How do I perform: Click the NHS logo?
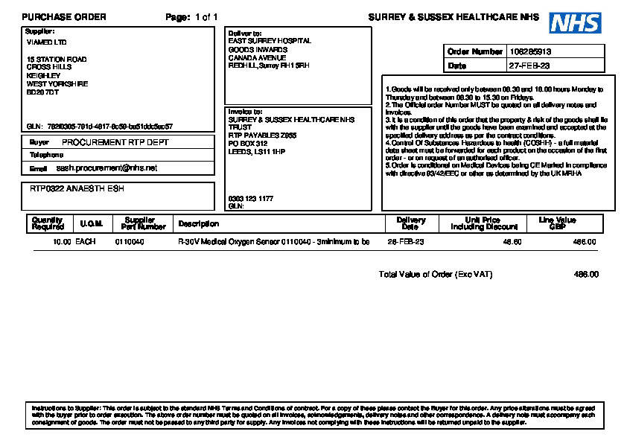coord(575,23)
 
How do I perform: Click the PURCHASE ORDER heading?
coord(64,17)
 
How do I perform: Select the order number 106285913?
coord(530,52)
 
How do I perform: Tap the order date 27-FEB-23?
coord(529,66)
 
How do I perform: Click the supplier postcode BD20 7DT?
coord(42,92)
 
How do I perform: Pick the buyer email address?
coord(106,168)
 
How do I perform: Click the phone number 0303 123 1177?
coord(250,199)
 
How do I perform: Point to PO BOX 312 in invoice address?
coord(248,144)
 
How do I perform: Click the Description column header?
coord(198,223)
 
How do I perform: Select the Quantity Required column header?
coord(48,223)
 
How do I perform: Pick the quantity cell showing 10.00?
coord(62,242)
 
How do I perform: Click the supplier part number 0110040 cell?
coord(130,242)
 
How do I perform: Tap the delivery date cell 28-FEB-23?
coord(406,242)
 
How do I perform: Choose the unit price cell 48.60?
coord(512,242)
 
